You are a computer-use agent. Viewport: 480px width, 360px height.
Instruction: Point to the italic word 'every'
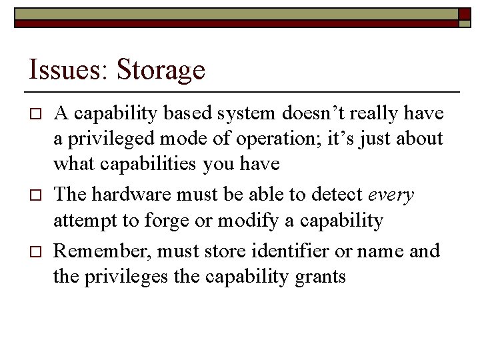pyautogui.click(x=391, y=195)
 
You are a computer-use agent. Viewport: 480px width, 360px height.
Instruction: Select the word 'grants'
pyautogui.click(x=319, y=277)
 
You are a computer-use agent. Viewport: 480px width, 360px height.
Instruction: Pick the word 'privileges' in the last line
pyautogui.click(x=131, y=277)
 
